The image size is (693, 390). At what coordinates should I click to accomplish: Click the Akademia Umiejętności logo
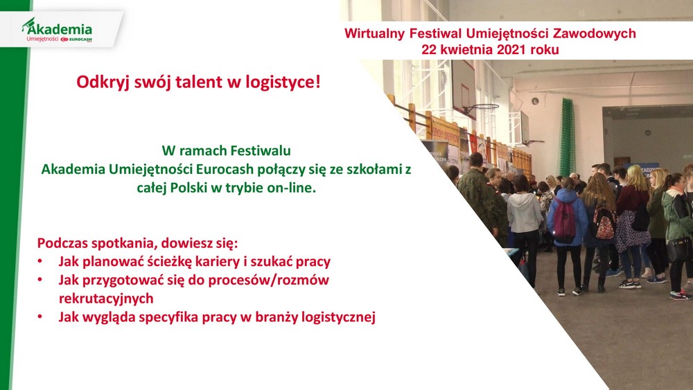(57, 30)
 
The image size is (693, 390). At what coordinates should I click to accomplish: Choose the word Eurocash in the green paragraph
(225, 169)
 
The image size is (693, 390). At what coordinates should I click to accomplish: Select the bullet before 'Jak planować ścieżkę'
(40, 261)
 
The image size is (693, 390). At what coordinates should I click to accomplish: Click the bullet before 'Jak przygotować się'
(40, 280)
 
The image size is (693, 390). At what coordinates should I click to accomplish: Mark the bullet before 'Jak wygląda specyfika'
(40, 317)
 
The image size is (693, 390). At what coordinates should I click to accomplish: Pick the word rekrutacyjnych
(106, 299)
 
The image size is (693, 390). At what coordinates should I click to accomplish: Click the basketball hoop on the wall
(481, 108)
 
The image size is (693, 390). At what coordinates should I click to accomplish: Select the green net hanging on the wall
(567, 137)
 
